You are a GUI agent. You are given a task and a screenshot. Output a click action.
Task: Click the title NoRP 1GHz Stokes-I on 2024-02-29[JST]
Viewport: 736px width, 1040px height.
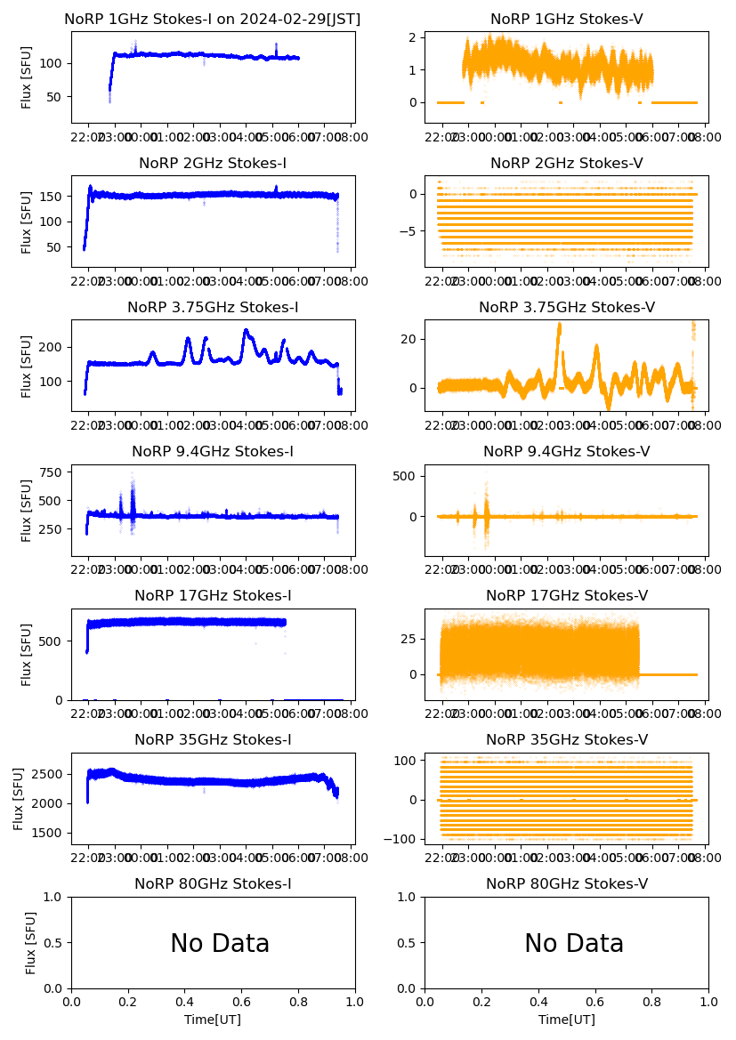pos(212,19)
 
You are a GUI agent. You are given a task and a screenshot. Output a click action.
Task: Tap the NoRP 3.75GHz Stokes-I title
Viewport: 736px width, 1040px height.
pos(213,307)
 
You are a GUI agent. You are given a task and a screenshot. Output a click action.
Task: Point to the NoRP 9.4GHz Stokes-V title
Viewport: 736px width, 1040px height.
pos(566,451)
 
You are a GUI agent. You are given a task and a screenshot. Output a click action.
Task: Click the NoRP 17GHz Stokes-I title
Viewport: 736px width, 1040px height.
pos(213,595)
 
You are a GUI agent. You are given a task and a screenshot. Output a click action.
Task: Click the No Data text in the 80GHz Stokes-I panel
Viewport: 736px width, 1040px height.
pos(220,943)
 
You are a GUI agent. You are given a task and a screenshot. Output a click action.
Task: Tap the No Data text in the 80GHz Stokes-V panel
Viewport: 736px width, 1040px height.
pos(574,943)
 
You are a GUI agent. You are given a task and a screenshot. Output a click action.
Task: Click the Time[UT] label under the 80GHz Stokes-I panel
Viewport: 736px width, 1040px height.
pos(213,1020)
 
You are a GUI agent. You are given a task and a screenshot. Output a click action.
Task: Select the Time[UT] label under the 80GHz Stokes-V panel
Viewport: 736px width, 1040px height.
pos(566,1020)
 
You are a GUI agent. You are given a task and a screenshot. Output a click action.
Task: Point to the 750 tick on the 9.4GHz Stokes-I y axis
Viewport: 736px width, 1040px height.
pos(49,472)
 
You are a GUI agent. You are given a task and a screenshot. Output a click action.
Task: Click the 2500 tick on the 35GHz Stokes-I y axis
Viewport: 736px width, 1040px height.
pos(45,774)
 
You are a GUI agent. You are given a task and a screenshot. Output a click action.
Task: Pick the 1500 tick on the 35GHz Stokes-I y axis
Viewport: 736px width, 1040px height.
pos(45,833)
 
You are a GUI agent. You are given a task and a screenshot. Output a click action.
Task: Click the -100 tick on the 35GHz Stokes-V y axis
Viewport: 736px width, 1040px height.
pos(402,839)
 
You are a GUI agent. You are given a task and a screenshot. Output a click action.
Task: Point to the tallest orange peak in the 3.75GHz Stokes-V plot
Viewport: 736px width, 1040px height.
pos(559,326)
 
